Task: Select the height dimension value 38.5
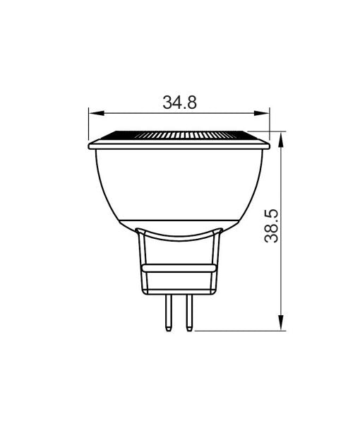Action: (272, 225)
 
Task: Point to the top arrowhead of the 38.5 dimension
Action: (283, 138)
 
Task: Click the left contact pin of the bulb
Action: (169, 313)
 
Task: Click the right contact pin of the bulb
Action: (188, 313)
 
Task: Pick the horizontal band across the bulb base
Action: (179, 269)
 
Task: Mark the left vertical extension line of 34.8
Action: (88, 124)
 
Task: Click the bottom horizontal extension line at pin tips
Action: (240, 330)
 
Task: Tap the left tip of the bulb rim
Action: (89, 146)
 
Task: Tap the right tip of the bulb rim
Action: (270, 146)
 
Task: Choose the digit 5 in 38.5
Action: (272, 213)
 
